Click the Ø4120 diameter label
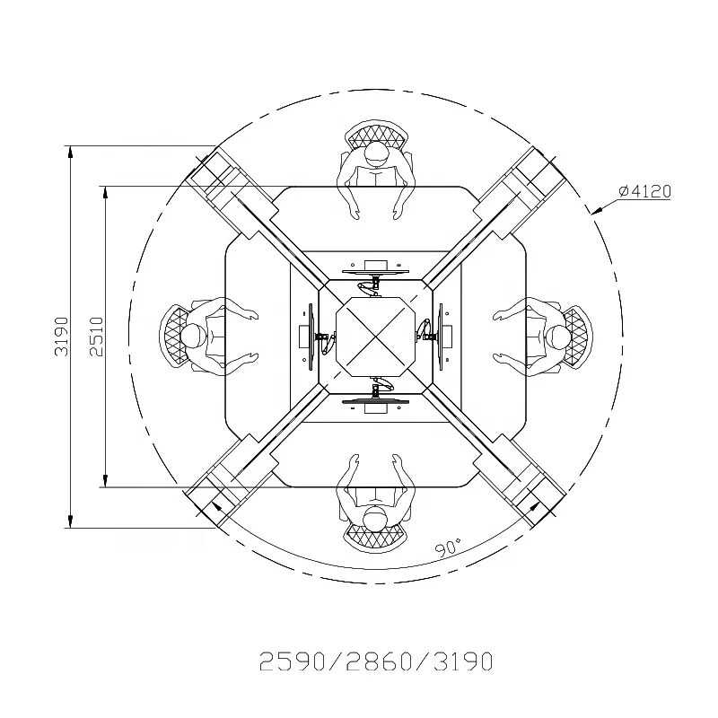click(x=644, y=191)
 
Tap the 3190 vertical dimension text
click(x=61, y=337)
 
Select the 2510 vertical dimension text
click(x=97, y=337)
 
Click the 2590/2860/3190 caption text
click(x=376, y=661)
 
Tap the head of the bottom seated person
click(x=376, y=519)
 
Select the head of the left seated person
click(x=193, y=337)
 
